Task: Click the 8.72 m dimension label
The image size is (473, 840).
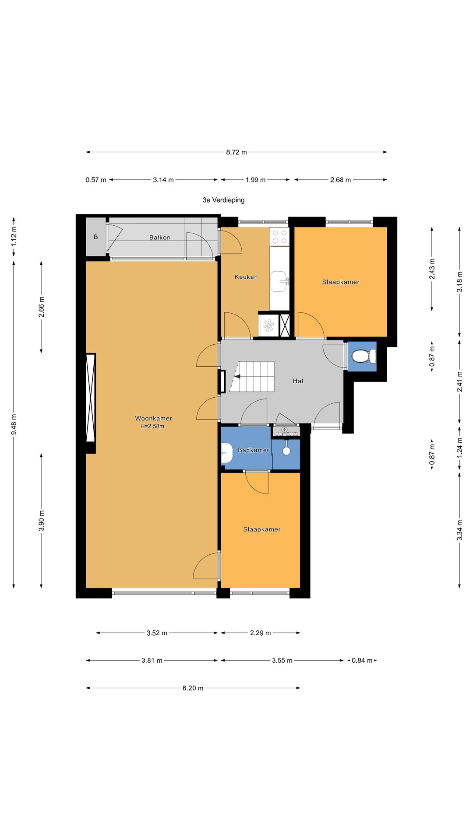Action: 236,152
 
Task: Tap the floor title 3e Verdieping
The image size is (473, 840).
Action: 223,200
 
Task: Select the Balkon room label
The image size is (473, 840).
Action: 160,238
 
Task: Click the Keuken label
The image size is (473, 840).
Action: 246,277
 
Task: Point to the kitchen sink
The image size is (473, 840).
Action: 279,281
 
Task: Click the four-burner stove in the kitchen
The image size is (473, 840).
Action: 279,236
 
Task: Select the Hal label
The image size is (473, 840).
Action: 298,381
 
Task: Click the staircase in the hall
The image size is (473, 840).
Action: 252,376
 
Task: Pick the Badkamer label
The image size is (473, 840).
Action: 254,450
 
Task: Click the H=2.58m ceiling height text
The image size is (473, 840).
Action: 152,427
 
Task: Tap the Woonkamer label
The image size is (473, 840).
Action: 154,418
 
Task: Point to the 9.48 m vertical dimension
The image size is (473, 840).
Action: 14,424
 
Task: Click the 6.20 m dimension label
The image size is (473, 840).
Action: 193,688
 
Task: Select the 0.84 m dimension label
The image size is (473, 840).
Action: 362,661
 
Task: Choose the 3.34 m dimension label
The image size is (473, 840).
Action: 460,530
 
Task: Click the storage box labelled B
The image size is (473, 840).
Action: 96,237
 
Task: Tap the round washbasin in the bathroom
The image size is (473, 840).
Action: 286,451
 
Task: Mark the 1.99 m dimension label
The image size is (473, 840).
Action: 255,180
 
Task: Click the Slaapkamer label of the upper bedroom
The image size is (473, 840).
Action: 341,282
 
